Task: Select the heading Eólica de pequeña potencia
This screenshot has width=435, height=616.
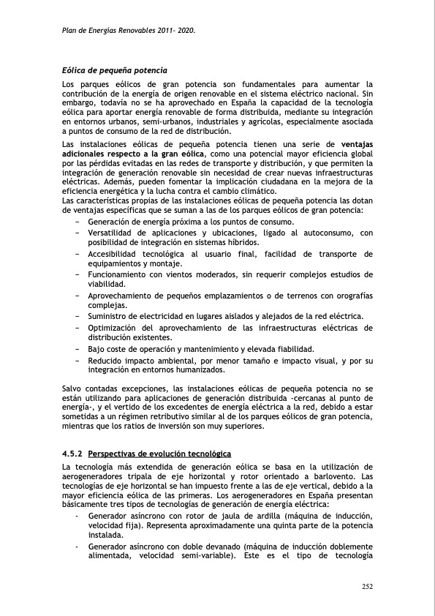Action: (x=116, y=71)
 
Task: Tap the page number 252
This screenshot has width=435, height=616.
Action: (x=368, y=585)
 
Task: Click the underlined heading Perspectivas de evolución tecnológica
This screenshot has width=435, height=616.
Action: (x=159, y=454)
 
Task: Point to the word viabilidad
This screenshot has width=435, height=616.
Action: (x=107, y=284)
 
